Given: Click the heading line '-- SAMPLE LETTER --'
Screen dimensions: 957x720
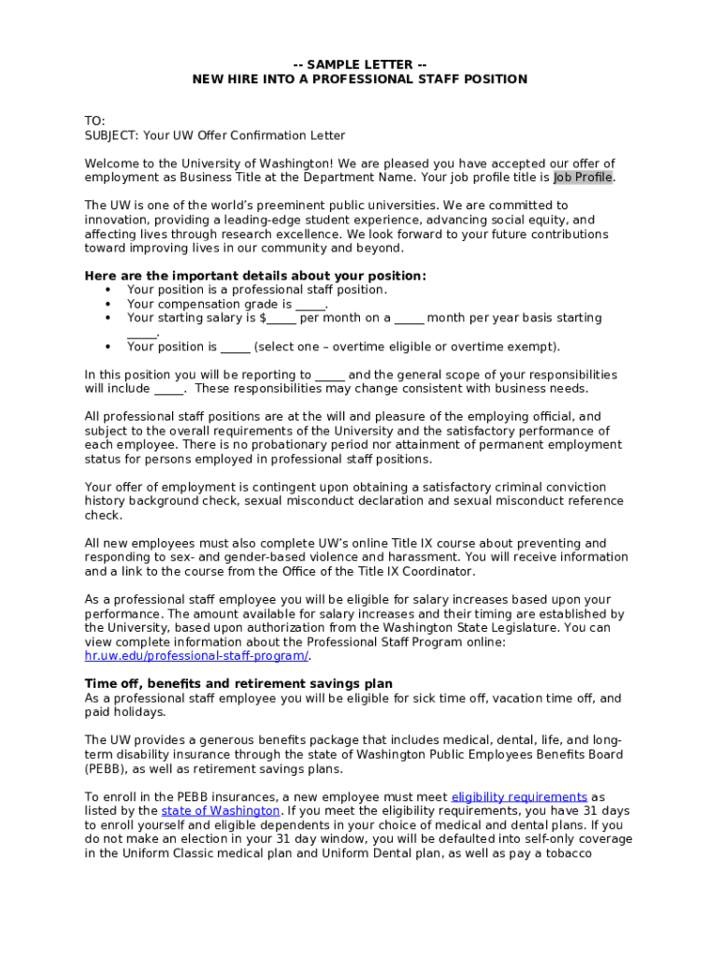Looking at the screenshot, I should (360, 64).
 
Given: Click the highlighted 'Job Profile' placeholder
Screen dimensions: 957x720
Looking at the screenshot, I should (583, 178).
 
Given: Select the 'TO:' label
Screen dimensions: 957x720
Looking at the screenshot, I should (94, 121).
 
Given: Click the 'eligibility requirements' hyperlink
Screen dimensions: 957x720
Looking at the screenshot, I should (519, 797).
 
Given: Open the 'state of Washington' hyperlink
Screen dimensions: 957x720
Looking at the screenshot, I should (221, 811).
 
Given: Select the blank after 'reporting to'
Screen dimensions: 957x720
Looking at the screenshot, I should (330, 376).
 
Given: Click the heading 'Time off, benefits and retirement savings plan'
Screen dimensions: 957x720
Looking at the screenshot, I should (238, 684).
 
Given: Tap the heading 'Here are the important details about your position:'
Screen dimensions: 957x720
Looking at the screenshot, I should (255, 276).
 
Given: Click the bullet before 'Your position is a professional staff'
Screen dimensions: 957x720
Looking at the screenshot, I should (108, 291).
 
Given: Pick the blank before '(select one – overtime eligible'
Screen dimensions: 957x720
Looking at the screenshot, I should (236, 348).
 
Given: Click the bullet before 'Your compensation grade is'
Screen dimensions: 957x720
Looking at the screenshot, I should (108, 305).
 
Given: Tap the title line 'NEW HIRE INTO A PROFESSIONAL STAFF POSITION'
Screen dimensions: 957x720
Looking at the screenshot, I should (360, 79).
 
